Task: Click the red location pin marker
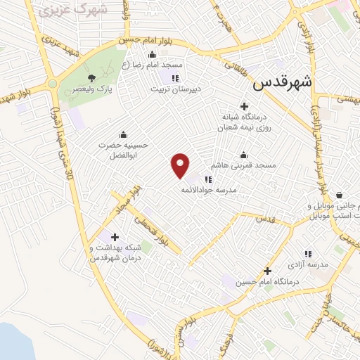pyautogui.click(x=181, y=165)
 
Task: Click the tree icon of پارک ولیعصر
pyautogui.click(x=91, y=78)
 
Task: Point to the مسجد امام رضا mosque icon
pyautogui.click(x=153, y=54)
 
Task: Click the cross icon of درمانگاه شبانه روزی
pyautogui.click(x=244, y=107)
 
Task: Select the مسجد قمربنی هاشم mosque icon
pyautogui.click(x=244, y=155)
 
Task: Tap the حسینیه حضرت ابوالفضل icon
pyautogui.click(x=124, y=134)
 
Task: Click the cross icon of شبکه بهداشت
pyautogui.click(x=115, y=237)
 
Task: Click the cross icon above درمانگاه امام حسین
pyautogui.click(x=266, y=270)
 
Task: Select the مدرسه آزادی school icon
pyautogui.click(x=307, y=254)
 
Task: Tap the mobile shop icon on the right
pyautogui.click(x=340, y=195)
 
